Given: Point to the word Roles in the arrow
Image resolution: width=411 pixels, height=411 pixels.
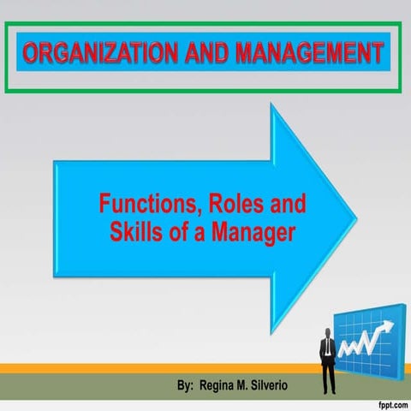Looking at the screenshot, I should tap(229, 205).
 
